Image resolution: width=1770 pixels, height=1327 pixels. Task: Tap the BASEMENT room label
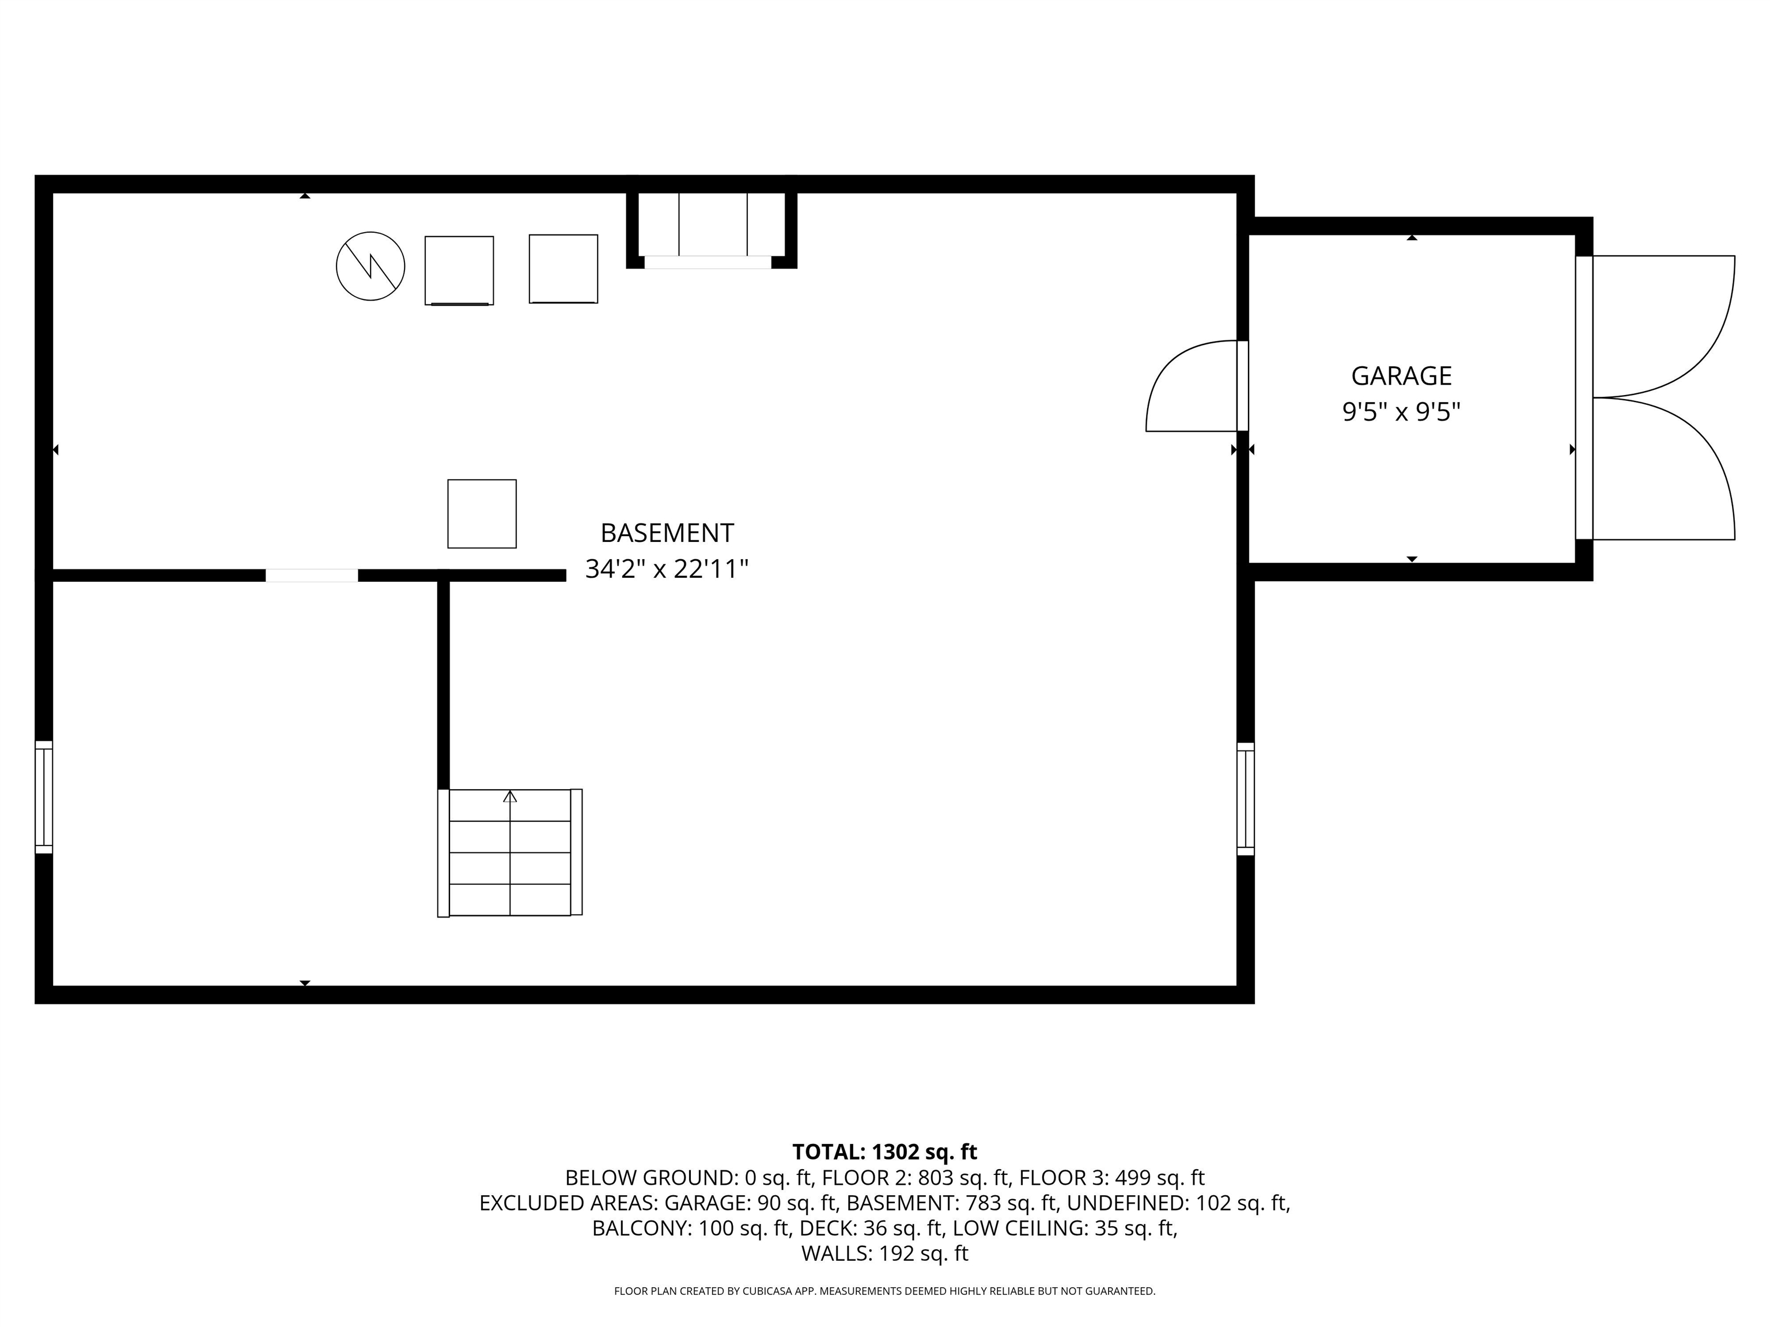tap(667, 533)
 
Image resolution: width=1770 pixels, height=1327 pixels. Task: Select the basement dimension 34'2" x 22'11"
tap(667, 570)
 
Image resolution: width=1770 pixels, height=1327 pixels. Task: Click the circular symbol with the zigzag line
tap(370, 266)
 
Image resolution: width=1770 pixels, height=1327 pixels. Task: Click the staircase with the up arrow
tap(510, 852)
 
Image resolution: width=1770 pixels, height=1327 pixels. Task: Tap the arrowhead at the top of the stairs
tap(510, 796)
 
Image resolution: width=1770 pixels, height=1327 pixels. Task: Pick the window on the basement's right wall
tap(1245, 798)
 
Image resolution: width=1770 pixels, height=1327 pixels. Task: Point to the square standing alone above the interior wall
tap(482, 514)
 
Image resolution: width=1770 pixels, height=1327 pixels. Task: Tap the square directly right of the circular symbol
tap(459, 270)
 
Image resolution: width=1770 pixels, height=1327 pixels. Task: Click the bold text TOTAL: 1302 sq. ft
tap(884, 1152)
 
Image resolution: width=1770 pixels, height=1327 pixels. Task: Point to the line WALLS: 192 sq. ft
tap(884, 1253)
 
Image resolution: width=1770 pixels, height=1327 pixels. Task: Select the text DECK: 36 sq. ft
tap(871, 1228)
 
